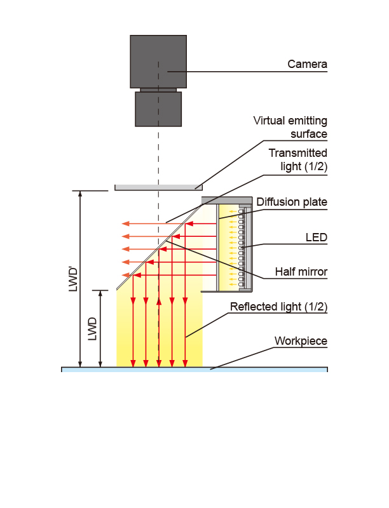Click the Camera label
(x=307, y=64)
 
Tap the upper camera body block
(x=158, y=62)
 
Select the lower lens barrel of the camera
(x=158, y=109)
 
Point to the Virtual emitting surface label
(x=290, y=128)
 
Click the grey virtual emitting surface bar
(x=158, y=187)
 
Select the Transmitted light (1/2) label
(x=298, y=160)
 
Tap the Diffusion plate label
(x=292, y=202)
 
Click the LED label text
(x=317, y=237)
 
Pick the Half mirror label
(x=301, y=272)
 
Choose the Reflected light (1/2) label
(x=279, y=307)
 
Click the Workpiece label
(x=301, y=341)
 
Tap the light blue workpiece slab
(x=194, y=370)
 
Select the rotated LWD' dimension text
(x=74, y=279)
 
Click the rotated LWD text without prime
(x=92, y=329)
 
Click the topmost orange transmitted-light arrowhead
(x=125, y=224)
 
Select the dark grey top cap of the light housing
(x=227, y=200)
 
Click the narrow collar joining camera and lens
(x=158, y=90)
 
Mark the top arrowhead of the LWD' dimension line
(x=80, y=194)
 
